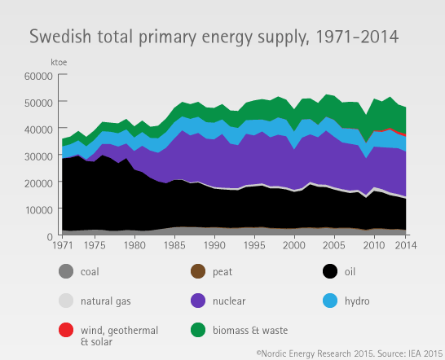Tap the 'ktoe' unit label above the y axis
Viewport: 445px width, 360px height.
59,63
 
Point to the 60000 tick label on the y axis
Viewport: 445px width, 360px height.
38,76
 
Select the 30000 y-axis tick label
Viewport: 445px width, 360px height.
38,156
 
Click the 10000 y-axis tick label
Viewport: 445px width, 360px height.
38,210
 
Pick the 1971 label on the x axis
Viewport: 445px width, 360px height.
63,245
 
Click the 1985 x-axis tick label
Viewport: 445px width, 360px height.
174,245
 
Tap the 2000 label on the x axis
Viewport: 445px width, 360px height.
294,245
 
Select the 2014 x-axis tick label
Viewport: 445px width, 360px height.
406,245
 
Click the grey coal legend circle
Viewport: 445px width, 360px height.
66,271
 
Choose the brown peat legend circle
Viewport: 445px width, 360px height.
198,271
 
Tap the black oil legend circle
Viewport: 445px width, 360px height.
330,271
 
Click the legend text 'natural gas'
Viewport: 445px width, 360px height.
106,301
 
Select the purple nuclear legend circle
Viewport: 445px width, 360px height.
198,301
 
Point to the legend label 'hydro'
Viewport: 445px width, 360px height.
357,301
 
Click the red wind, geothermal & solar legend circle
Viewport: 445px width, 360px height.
66,330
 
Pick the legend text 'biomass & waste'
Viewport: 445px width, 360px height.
250,330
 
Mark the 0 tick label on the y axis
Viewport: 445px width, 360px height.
50,236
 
